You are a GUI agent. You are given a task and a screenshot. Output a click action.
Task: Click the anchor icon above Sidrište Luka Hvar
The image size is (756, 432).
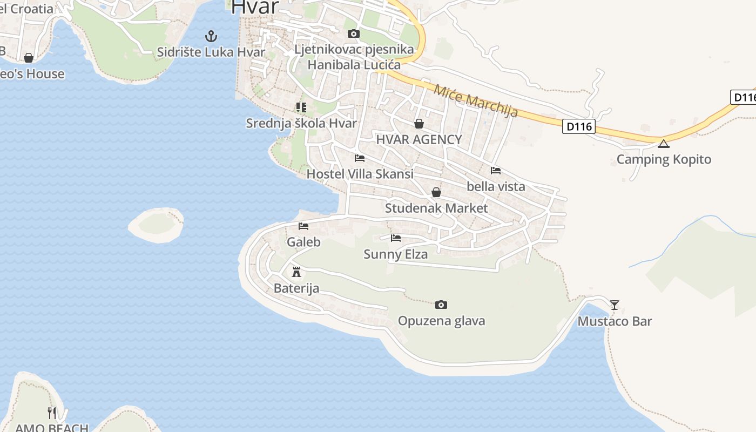tap(211, 37)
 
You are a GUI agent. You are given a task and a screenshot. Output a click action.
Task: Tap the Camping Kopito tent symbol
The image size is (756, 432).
tap(664, 144)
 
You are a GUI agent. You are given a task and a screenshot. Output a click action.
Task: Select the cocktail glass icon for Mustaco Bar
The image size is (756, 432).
tap(615, 305)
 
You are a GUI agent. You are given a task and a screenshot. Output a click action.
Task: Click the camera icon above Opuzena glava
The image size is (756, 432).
tap(441, 305)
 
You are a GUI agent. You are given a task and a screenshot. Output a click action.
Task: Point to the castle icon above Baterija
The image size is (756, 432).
tap(296, 272)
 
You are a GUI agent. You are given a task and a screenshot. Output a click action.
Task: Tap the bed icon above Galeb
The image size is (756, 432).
tap(303, 226)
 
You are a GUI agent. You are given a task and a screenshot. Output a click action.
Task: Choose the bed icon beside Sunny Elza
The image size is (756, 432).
tap(396, 238)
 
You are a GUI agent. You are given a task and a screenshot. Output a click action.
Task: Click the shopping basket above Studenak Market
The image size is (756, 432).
tap(436, 192)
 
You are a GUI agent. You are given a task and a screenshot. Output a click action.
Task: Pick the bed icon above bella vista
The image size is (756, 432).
tap(496, 171)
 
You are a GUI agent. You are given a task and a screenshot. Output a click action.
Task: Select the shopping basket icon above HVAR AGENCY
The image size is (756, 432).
tap(419, 124)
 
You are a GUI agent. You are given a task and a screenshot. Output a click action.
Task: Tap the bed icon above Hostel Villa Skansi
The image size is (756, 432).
tap(360, 158)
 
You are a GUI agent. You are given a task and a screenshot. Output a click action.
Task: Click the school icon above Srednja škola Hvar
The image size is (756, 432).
tap(301, 107)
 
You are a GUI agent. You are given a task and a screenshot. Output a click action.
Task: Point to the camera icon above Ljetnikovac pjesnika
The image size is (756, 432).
tap(354, 34)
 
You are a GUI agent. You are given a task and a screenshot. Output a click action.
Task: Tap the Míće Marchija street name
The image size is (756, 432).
tap(475, 102)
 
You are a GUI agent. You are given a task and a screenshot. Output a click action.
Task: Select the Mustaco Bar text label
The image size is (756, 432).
tap(615, 321)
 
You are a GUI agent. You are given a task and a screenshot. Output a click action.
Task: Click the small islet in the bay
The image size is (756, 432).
tap(156, 224)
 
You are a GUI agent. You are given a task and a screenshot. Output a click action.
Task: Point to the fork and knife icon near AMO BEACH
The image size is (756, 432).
tap(52, 413)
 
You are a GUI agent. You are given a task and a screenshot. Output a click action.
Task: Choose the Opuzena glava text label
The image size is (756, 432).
tap(441, 321)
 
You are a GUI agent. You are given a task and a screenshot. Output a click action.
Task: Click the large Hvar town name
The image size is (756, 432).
tap(255, 8)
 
